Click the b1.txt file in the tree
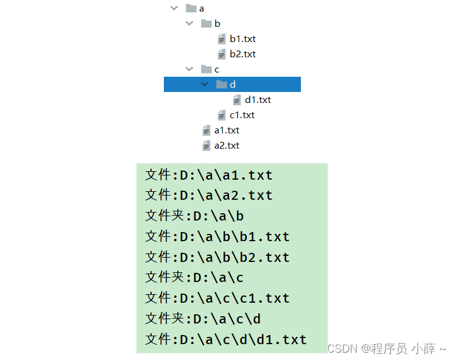[242, 39]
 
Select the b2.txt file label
[242, 54]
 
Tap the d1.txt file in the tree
[258, 100]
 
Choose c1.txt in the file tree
[242, 115]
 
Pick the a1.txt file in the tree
[227, 130]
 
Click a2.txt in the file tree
[227, 146]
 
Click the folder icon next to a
[191, 9]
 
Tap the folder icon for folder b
[206, 24]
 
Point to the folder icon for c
[206, 69]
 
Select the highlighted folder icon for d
[222, 85]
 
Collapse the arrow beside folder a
[175, 9]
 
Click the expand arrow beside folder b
[190, 24]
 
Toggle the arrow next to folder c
[190, 69]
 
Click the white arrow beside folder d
[205, 85]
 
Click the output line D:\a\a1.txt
[209, 175]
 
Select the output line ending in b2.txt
[217, 257]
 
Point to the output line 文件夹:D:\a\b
[194, 216]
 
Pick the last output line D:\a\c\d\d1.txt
[226, 339]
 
